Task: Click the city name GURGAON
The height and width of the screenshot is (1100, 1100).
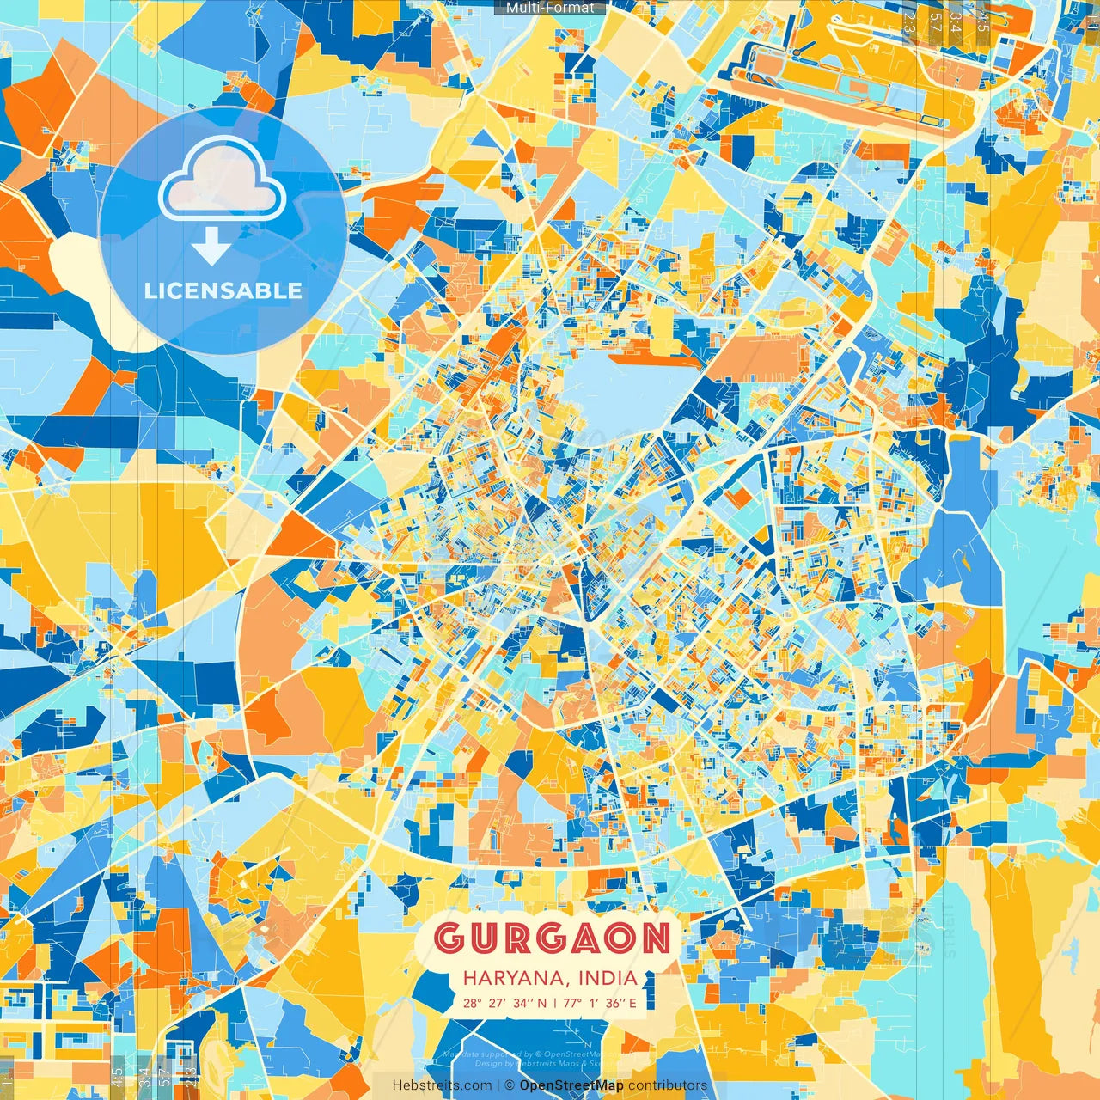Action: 551,939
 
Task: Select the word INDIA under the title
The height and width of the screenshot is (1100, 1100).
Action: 608,978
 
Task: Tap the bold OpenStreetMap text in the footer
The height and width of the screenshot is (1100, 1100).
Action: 571,1085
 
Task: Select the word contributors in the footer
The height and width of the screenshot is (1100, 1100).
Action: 668,1085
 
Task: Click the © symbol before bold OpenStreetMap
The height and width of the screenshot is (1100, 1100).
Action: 509,1085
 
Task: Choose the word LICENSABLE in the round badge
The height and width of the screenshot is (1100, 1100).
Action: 223,290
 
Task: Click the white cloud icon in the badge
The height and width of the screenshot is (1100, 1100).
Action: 222,179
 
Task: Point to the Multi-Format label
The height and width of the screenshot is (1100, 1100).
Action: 549,8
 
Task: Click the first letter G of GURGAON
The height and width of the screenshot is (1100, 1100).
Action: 448,939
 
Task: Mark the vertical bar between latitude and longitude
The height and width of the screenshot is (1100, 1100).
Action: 555,1003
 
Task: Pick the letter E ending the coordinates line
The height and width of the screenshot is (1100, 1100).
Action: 632,1003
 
